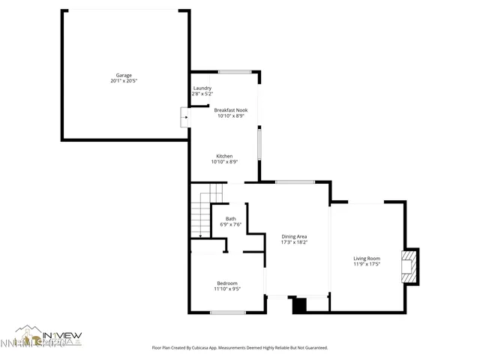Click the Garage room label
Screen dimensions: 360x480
point(124,75)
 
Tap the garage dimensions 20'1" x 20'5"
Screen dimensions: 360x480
point(124,81)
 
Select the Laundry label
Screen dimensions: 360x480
point(202,88)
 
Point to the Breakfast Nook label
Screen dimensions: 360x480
point(231,109)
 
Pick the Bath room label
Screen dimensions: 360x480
point(230,218)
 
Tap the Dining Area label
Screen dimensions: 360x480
point(294,235)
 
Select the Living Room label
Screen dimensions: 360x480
point(367,259)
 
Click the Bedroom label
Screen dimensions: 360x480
point(226,282)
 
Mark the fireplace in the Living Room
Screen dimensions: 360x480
point(409,267)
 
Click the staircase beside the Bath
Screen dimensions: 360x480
point(200,214)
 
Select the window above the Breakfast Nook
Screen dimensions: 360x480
point(234,71)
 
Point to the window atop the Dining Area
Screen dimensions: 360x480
point(295,181)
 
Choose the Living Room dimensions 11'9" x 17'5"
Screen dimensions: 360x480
point(367,265)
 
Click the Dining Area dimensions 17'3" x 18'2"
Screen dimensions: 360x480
point(294,241)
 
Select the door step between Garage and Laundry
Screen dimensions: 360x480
point(185,116)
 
